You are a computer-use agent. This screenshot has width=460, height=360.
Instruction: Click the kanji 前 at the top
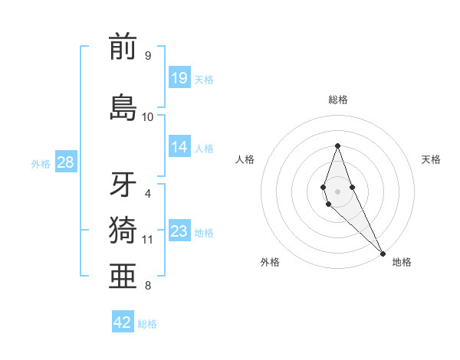tap(123, 47)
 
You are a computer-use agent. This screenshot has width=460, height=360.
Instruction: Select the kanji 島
tap(123, 107)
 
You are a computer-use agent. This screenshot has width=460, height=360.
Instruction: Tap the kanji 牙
tap(123, 185)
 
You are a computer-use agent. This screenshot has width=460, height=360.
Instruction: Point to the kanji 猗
tap(123, 230)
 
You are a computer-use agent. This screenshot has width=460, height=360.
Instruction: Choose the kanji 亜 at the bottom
tap(123, 276)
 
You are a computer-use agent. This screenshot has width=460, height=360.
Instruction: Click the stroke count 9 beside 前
tap(147, 56)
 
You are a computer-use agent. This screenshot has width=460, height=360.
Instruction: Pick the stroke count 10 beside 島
tap(148, 116)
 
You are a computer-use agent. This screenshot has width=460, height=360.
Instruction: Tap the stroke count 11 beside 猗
tap(148, 240)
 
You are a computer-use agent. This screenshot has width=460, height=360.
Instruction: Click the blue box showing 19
tap(179, 77)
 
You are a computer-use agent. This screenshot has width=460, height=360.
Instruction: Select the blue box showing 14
tap(179, 147)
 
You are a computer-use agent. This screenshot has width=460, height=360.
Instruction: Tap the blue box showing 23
tap(179, 231)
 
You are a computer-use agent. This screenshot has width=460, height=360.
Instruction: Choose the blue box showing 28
tap(65, 162)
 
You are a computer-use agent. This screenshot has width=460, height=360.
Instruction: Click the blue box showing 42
tap(123, 322)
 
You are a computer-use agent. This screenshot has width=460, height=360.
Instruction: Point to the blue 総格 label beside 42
tap(147, 324)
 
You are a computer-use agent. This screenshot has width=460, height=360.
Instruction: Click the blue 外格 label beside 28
tap(41, 163)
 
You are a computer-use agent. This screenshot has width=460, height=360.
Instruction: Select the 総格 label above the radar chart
tap(337, 100)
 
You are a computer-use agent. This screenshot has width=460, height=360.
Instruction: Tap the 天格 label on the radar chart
tap(431, 159)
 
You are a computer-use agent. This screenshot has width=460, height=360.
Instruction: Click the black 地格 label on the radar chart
tap(402, 262)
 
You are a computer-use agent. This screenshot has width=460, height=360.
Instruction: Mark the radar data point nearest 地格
tap(383, 252)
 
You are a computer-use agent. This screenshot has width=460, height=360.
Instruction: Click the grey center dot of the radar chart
tap(337, 191)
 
